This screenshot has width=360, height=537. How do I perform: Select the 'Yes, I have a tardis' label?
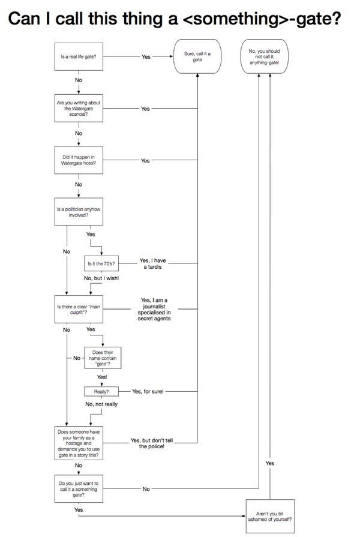152,263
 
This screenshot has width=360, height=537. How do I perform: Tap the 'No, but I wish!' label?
101,278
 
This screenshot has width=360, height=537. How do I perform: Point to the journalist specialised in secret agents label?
154,309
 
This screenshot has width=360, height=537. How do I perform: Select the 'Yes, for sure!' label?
148,391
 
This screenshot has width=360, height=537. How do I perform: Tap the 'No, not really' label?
101,404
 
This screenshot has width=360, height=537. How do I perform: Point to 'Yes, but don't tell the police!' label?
152,443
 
